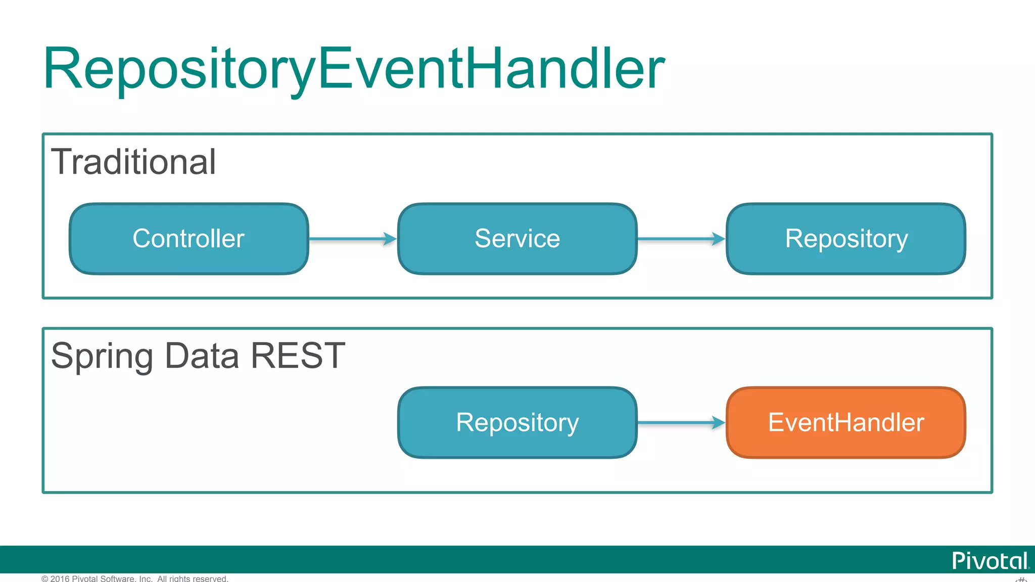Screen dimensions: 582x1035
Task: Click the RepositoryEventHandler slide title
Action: [354, 69]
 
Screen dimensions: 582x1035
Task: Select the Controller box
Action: [189, 239]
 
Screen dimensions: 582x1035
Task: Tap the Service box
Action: [517, 239]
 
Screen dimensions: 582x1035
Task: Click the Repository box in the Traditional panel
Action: [846, 239]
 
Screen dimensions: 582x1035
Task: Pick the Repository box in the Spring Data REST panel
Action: [517, 423]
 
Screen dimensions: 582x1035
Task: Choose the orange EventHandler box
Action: [846, 423]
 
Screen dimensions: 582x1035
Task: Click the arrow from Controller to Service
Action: [353, 239]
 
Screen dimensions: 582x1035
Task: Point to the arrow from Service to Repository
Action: [681, 239]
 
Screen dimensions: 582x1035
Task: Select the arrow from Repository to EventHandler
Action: [681, 423]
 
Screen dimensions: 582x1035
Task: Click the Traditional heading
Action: [133, 162]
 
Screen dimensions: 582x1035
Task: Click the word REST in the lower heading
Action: [298, 356]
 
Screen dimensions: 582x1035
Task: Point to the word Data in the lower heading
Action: [202, 356]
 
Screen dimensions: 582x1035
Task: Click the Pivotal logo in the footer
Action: [989, 561]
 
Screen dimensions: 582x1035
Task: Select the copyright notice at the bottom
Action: [135, 578]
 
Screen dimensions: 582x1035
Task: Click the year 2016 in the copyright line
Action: [60, 578]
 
